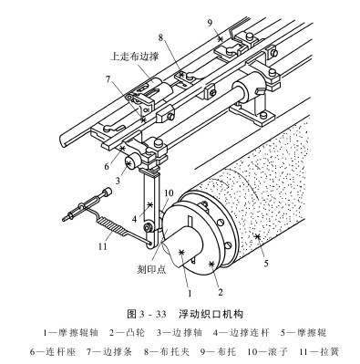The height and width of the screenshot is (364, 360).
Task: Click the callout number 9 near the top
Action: (x=211, y=24)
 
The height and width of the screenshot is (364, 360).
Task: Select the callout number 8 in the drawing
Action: (x=160, y=37)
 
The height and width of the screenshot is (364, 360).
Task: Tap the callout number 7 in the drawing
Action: (x=108, y=79)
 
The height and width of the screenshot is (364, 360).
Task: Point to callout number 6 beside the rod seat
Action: (x=107, y=166)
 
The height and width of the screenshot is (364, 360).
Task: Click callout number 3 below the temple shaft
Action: (x=118, y=181)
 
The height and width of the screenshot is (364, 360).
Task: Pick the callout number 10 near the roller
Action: (x=169, y=193)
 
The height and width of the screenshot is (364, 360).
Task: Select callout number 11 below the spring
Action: (x=103, y=245)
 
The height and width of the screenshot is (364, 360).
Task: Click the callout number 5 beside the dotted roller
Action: (x=266, y=264)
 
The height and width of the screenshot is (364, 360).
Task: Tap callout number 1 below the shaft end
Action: (x=190, y=293)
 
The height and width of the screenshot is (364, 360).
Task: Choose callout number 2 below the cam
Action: (x=221, y=292)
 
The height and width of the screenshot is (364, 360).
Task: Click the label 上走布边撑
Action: (x=134, y=57)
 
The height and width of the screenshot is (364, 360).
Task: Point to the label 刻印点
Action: (x=152, y=269)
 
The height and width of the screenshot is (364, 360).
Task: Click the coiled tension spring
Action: (x=113, y=226)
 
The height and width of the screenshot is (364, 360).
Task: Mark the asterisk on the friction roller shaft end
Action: (x=182, y=252)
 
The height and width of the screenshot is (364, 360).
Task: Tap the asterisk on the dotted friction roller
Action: (x=258, y=236)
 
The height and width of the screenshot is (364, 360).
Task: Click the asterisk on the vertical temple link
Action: (x=149, y=205)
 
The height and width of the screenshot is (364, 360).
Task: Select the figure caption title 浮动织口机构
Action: (x=211, y=314)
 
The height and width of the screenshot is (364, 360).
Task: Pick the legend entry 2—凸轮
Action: (x=127, y=333)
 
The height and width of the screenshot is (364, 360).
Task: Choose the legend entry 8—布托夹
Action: (x=166, y=352)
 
